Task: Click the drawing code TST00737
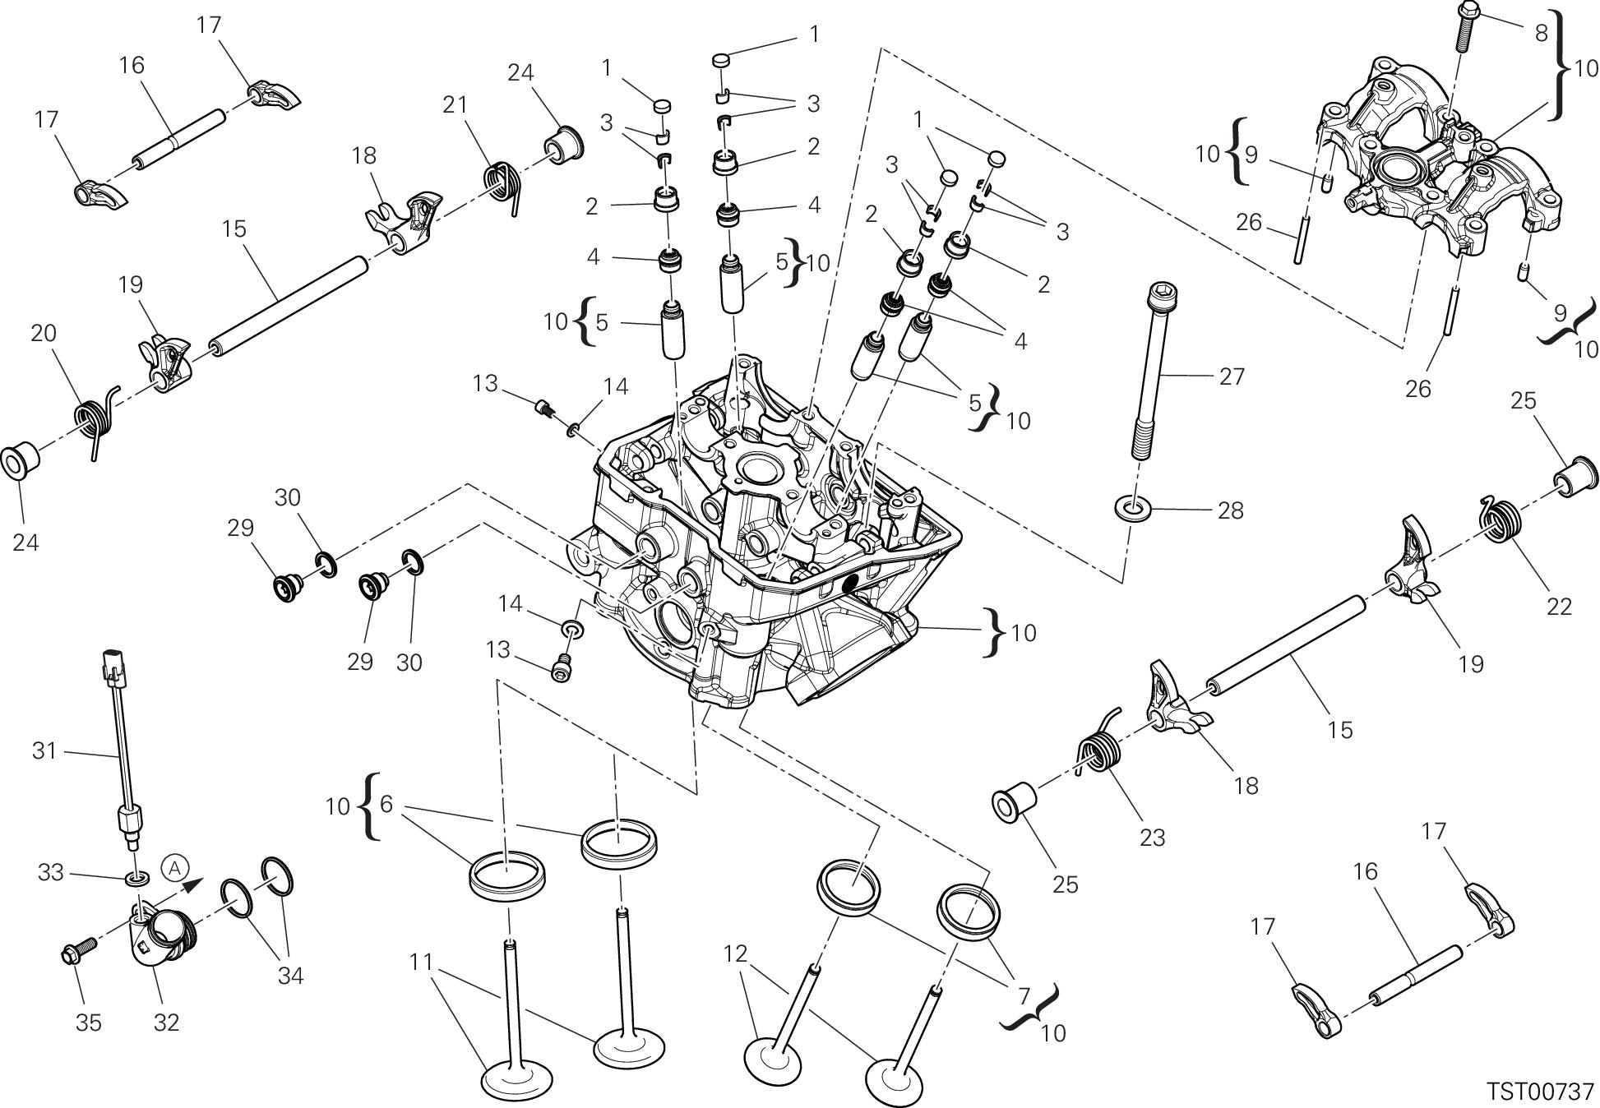[1540, 1091]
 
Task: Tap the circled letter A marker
[174, 867]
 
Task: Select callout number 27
[1232, 376]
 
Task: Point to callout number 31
[44, 750]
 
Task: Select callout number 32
[167, 1023]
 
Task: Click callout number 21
[455, 104]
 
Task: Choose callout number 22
[1559, 606]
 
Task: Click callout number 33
[51, 872]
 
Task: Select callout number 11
[421, 961]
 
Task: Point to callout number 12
[735, 953]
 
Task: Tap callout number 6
[386, 805]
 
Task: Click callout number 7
[1024, 996]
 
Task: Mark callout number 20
[44, 333]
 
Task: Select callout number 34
[290, 976]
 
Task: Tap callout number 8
[1541, 32]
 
